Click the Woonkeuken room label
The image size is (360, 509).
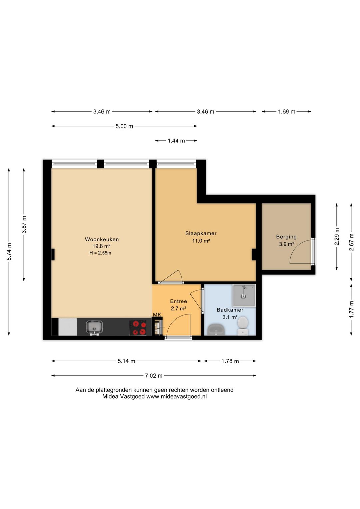click(x=102, y=239)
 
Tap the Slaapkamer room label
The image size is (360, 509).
click(x=201, y=233)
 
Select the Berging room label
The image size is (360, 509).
click(x=286, y=237)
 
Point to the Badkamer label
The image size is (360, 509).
click(x=230, y=310)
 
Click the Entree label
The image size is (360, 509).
click(x=179, y=301)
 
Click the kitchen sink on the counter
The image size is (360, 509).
click(x=94, y=328)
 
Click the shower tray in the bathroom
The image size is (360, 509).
click(x=244, y=295)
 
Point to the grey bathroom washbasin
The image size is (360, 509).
click(x=216, y=330)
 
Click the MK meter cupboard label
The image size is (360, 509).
click(x=157, y=315)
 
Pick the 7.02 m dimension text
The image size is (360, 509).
click(x=154, y=376)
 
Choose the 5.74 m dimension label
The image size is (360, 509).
click(x=9, y=251)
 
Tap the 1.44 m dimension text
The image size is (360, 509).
click(x=176, y=141)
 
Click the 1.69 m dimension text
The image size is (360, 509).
click(x=287, y=111)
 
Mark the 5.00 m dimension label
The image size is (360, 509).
click(x=124, y=126)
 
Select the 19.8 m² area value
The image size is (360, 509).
click(x=102, y=246)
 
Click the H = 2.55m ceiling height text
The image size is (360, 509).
click(x=100, y=253)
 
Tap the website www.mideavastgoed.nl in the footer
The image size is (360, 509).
click(x=176, y=397)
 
